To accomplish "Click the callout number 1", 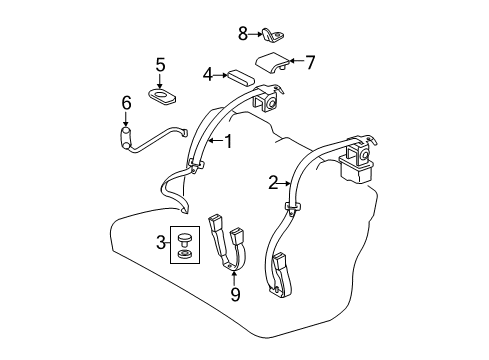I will coord(228,141).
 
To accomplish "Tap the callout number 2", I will coord(272,182).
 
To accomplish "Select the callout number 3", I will coord(159,241).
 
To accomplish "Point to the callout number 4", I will coord(207,73).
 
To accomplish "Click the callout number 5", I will coord(159,66).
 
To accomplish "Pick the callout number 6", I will coord(126,102).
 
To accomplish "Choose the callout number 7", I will coord(310,63).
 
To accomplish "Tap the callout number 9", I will coord(235,294).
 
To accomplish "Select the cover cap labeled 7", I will coord(271,65).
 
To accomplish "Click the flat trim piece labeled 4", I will coord(239,75).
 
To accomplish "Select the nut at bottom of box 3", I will coord(185,255).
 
